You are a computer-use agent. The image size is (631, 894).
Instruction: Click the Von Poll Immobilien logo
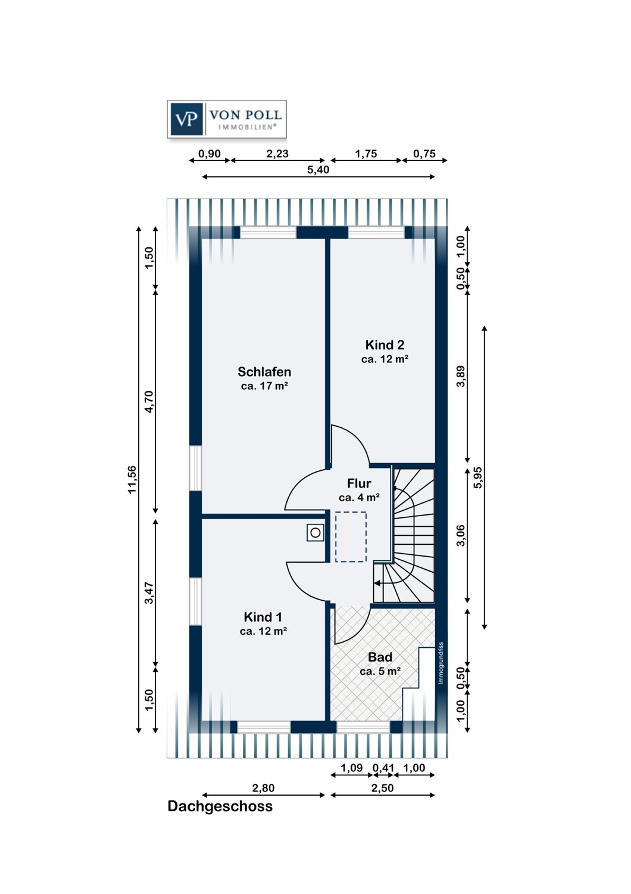click(226, 119)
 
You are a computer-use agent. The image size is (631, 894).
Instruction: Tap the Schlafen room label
click(264, 371)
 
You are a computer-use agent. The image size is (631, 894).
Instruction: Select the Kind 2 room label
click(385, 344)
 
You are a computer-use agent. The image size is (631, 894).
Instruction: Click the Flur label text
click(359, 483)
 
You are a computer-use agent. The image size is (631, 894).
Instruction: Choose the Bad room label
click(380, 657)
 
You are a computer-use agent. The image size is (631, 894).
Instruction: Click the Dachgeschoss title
click(220, 806)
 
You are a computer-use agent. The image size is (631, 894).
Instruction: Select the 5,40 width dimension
click(318, 170)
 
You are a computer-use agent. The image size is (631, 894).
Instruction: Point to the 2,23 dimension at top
click(277, 154)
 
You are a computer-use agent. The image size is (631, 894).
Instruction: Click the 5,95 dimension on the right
click(479, 477)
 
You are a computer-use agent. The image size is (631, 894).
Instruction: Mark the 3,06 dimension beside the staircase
click(461, 536)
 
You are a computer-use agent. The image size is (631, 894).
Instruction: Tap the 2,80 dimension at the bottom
click(264, 788)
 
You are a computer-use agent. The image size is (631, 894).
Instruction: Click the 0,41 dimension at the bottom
click(383, 768)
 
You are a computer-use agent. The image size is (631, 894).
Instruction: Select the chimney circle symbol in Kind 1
click(315, 532)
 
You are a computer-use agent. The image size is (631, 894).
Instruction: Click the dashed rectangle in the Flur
click(351, 537)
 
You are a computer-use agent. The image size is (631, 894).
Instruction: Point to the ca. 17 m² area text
click(265, 386)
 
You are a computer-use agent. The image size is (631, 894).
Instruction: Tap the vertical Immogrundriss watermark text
click(441, 663)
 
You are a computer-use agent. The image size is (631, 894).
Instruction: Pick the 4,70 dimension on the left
click(149, 402)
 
